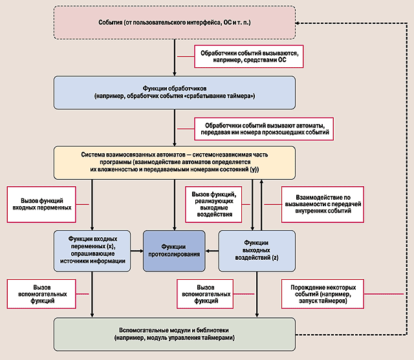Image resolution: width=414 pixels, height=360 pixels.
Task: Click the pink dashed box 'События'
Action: coord(175,23)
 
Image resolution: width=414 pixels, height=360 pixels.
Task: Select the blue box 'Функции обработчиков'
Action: coord(175,91)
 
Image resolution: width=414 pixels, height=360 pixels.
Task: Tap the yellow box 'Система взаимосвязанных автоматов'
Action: coord(175,162)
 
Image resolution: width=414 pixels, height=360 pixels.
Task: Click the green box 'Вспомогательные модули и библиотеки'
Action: coord(175,334)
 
